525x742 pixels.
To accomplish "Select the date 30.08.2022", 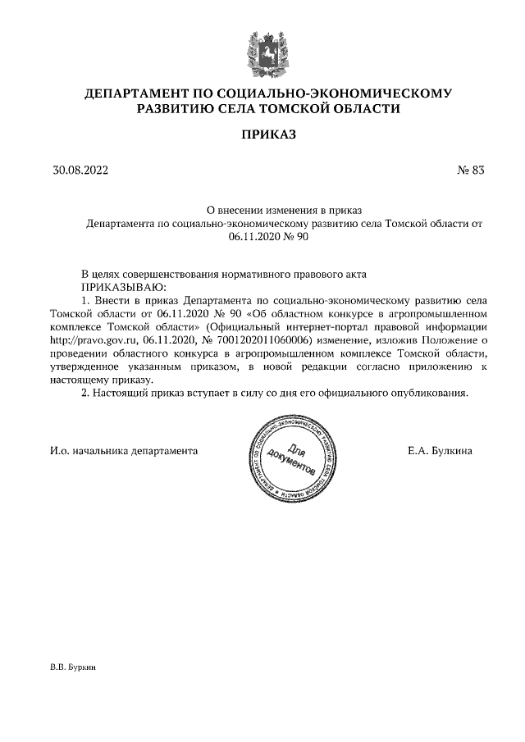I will click(80, 171).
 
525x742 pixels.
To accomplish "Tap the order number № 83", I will click(471, 171).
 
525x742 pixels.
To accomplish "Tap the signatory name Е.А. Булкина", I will click(440, 451).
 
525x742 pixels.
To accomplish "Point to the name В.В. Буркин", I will click(73, 668).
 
